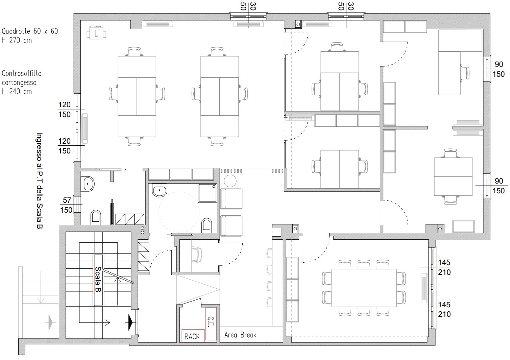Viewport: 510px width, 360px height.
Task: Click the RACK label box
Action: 193,336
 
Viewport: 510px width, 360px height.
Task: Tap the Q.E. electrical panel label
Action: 211,323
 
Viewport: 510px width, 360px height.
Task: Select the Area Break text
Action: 240,335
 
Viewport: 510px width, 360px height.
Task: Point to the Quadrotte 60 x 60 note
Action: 30,31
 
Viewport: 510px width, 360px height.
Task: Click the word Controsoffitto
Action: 22,73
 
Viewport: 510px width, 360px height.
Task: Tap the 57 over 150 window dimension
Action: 67,205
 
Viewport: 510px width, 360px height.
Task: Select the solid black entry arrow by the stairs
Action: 130,322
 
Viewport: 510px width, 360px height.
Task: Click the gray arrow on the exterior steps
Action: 51,322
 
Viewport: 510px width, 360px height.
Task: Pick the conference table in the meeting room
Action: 364,288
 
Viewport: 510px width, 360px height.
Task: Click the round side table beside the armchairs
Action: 230,181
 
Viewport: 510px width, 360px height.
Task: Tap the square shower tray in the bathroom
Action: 208,193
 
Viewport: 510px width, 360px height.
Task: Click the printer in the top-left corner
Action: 96,32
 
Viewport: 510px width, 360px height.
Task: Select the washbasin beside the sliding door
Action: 88,184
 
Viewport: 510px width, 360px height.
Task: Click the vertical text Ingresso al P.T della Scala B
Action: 40,181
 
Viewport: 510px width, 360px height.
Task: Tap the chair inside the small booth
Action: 196,255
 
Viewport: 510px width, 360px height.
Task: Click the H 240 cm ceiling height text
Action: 17,91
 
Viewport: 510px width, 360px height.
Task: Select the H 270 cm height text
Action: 17,40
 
